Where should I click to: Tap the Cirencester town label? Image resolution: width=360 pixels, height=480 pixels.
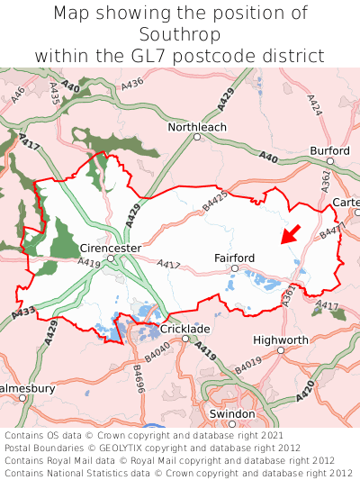[x=111, y=248]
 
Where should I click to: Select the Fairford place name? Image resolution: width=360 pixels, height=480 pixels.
[x=235, y=258]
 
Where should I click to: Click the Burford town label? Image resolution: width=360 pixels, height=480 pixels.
[x=328, y=150]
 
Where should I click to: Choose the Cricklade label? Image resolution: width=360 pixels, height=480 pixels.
[x=185, y=329]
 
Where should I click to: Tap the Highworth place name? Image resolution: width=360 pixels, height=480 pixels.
[x=281, y=340]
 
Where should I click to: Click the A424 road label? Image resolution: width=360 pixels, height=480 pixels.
[x=314, y=106]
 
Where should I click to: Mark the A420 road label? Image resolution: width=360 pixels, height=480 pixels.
[x=305, y=390]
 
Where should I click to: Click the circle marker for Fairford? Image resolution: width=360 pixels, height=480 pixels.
[x=234, y=268]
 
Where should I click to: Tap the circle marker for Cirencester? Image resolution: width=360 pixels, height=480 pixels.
[x=111, y=258]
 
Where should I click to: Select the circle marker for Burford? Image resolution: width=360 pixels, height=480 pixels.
[x=330, y=161]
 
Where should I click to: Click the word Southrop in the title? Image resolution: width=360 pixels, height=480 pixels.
[x=180, y=34]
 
